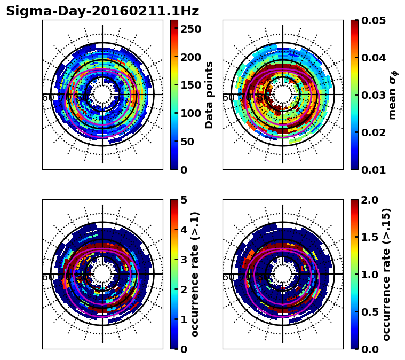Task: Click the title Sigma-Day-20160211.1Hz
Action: tap(102, 11)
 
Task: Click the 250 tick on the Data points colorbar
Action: tap(191, 29)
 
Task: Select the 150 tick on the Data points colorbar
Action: tap(191, 85)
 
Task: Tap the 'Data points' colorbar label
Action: tap(209, 95)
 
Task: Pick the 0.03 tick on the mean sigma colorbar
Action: tap(374, 95)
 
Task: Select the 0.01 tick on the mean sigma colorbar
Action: tap(374, 169)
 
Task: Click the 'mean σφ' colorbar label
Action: tap(393, 95)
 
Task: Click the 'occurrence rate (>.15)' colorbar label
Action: tap(386, 274)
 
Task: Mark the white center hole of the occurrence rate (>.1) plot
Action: tap(102, 274)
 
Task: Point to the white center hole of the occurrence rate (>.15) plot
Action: tap(283, 274)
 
